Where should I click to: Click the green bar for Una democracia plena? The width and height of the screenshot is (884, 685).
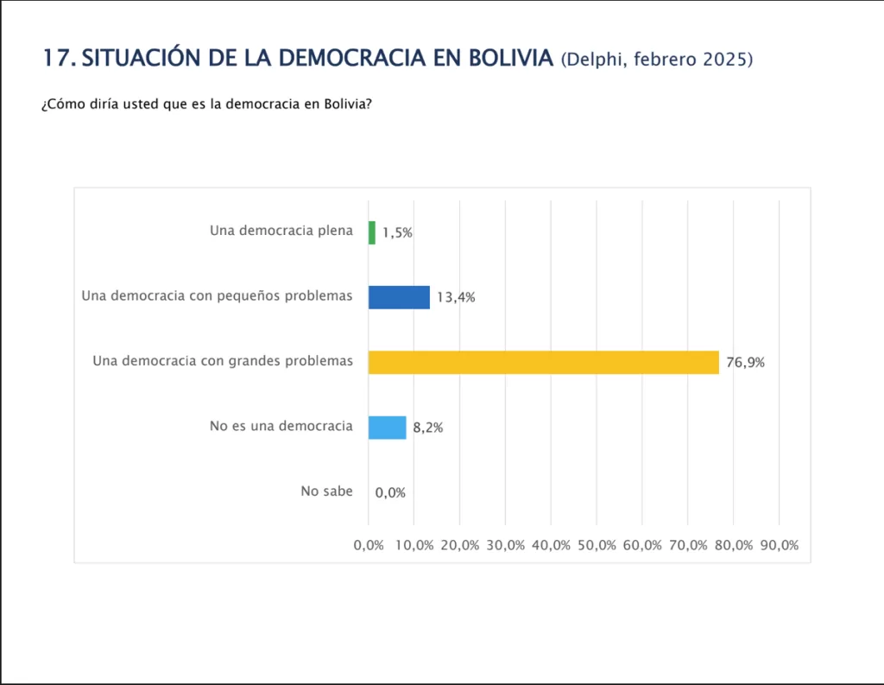(x=372, y=232)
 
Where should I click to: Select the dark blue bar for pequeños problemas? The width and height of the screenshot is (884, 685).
(x=399, y=297)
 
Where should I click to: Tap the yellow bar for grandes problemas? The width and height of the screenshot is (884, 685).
(x=543, y=362)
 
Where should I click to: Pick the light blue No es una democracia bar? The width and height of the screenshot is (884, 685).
(x=387, y=428)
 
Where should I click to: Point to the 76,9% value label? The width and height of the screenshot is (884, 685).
(x=745, y=363)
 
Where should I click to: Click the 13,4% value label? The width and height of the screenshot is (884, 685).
(x=456, y=298)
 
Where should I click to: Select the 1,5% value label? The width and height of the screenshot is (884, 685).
(x=397, y=232)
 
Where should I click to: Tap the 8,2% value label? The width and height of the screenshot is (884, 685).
(x=427, y=428)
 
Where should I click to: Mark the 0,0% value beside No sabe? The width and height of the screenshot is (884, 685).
(x=390, y=492)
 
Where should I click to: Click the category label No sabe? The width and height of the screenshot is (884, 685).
(x=326, y=492)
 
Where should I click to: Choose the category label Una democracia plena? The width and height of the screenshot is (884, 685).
(x=281, y=231)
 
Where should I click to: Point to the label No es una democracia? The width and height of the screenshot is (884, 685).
(x=281, y=426)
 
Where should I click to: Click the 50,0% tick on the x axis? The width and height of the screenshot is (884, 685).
(x=597, y=545)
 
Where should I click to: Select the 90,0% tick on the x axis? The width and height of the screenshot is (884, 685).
(x=779, y=545)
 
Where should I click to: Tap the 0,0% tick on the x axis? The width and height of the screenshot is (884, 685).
(x=369, y=545)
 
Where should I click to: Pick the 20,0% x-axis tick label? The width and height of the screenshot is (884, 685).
(x=460, y=545)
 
